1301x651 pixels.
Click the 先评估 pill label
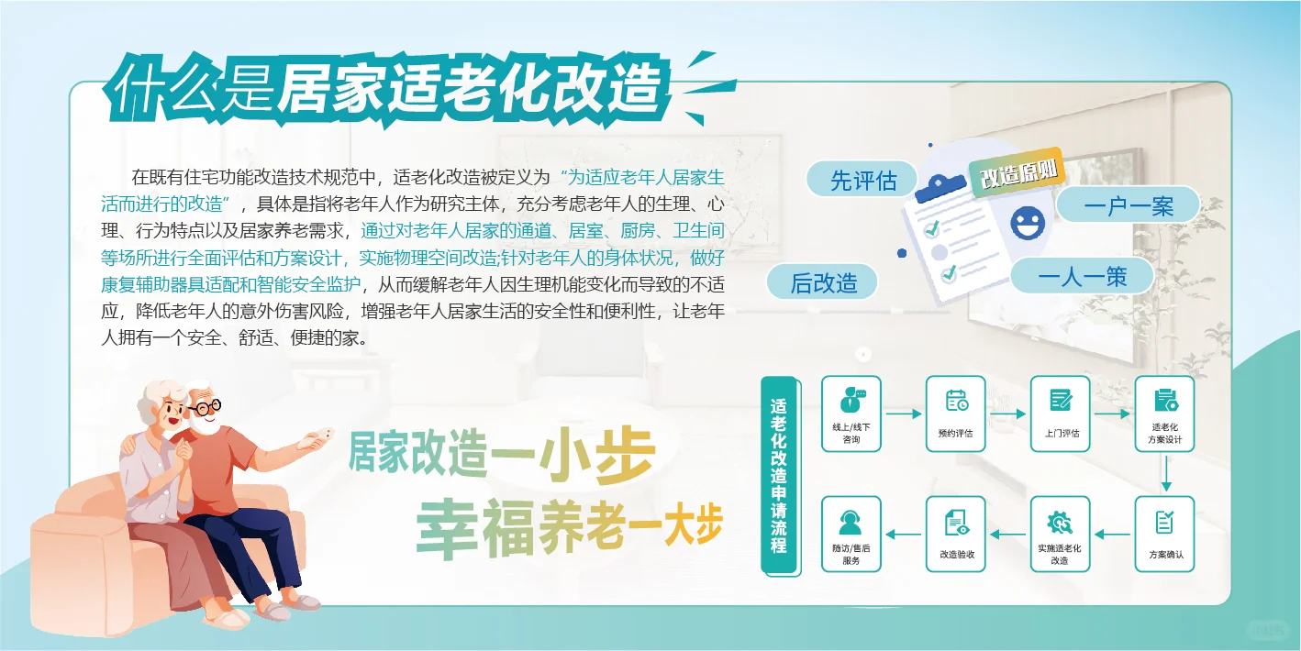pos(862,180)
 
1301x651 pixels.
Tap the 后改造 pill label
pos(823,283)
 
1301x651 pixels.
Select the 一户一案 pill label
pos(1128,205)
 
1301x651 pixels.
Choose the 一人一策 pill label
pos(1082,276)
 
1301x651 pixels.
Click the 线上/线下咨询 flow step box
pos(851,414)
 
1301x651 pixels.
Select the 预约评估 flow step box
pos(955,414)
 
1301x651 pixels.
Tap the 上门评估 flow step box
pos(1061,414)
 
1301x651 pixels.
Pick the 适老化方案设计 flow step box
pos(1165,414)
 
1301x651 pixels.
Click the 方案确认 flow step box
pos(1165,534)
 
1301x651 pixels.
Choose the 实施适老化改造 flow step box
pos(1061,534)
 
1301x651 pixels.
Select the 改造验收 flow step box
pos(955,534)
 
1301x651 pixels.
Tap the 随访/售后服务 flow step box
pos(851,534)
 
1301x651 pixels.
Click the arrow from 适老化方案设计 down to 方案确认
pos(1165,473)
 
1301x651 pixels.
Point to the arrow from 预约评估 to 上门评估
pos(1007,414)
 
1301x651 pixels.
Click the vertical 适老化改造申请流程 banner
pos(779,475)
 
